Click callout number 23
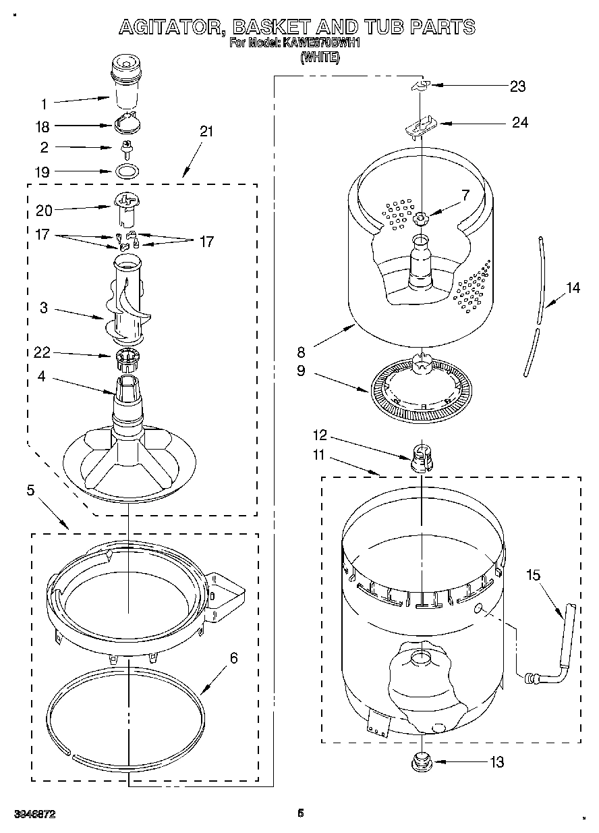(517, 86)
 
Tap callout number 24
(519, 123)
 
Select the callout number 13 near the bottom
(496, 762)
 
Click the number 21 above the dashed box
(206, 132)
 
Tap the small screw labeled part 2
(125, 146)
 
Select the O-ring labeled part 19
(125, 171)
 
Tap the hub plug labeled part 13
(421, 762)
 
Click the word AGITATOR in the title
(171, 27)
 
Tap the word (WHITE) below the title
(320, 57)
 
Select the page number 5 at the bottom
(302, 813)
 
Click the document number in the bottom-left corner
(34, 814)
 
